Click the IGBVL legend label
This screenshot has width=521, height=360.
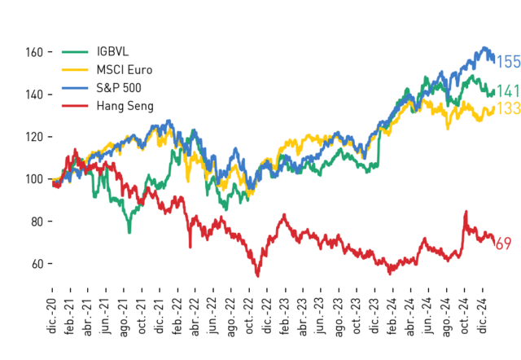[x=112, y=51]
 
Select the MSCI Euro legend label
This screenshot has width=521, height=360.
[x=125, y=70]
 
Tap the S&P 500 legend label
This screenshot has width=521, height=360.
[x=119, y=88]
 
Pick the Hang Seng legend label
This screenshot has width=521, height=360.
[x=125, y=106]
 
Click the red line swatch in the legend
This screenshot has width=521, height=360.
[x=75, y=106]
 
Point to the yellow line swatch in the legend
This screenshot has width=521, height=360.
[x=75, y=70]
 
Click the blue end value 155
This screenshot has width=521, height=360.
[x=508, y=62]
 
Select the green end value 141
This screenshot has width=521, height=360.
[x=508, y=91]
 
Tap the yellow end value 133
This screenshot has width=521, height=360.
[x=508, y=108]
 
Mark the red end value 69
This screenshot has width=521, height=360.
[x=503, y=244]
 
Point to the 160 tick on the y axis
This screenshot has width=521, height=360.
[x=34, y=52]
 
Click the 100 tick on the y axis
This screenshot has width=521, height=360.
[x=34, y=179]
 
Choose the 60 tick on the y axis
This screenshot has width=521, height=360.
[x=37, y=264]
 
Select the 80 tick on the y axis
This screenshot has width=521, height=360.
[x=37, y=222]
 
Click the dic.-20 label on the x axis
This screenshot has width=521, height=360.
[x=52, y=315]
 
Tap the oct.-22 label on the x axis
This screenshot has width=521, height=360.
[x=250, y=315]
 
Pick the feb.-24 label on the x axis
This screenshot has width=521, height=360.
[x=393, y=315]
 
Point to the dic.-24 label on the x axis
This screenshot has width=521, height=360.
[x=483, y=315]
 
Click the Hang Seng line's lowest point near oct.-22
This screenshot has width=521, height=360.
[x=258, y=276]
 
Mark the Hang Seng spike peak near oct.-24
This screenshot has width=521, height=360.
[x=466, y=212]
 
